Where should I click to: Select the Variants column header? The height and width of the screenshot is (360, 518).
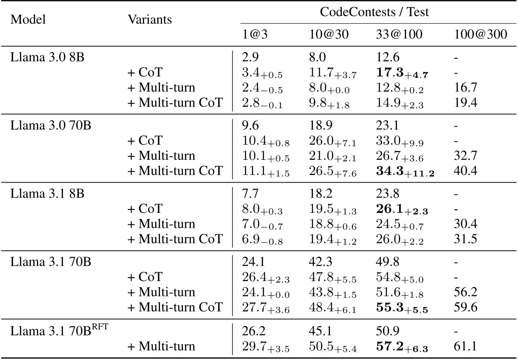coord(150,20)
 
